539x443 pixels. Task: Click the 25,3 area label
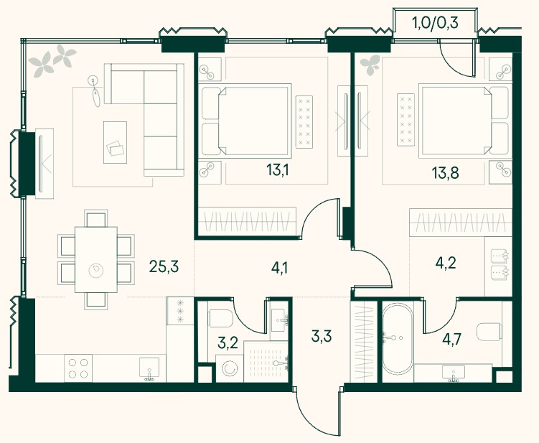click(x=164, y=266)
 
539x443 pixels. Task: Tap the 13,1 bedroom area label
click(x=278, y=170)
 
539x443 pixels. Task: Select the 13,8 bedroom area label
click(x=445, y=172)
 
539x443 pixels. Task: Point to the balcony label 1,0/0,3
click(x=435, y=24)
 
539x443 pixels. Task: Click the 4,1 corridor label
click(x=279, y=269)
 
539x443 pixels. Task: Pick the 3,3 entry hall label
click(x=322, y=336)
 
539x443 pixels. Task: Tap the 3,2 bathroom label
click(x=228, y=342)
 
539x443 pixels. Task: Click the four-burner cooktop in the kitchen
click(x=78, y=368)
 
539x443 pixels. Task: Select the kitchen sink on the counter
click(x=149, y=369)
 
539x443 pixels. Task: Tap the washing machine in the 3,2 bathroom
click(x=229, y=369)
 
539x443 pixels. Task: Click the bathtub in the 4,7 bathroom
click(x=398, y=338)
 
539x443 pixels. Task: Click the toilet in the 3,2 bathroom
click(x=220, y=318)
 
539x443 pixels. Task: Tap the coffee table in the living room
click(x=115, y=142)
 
